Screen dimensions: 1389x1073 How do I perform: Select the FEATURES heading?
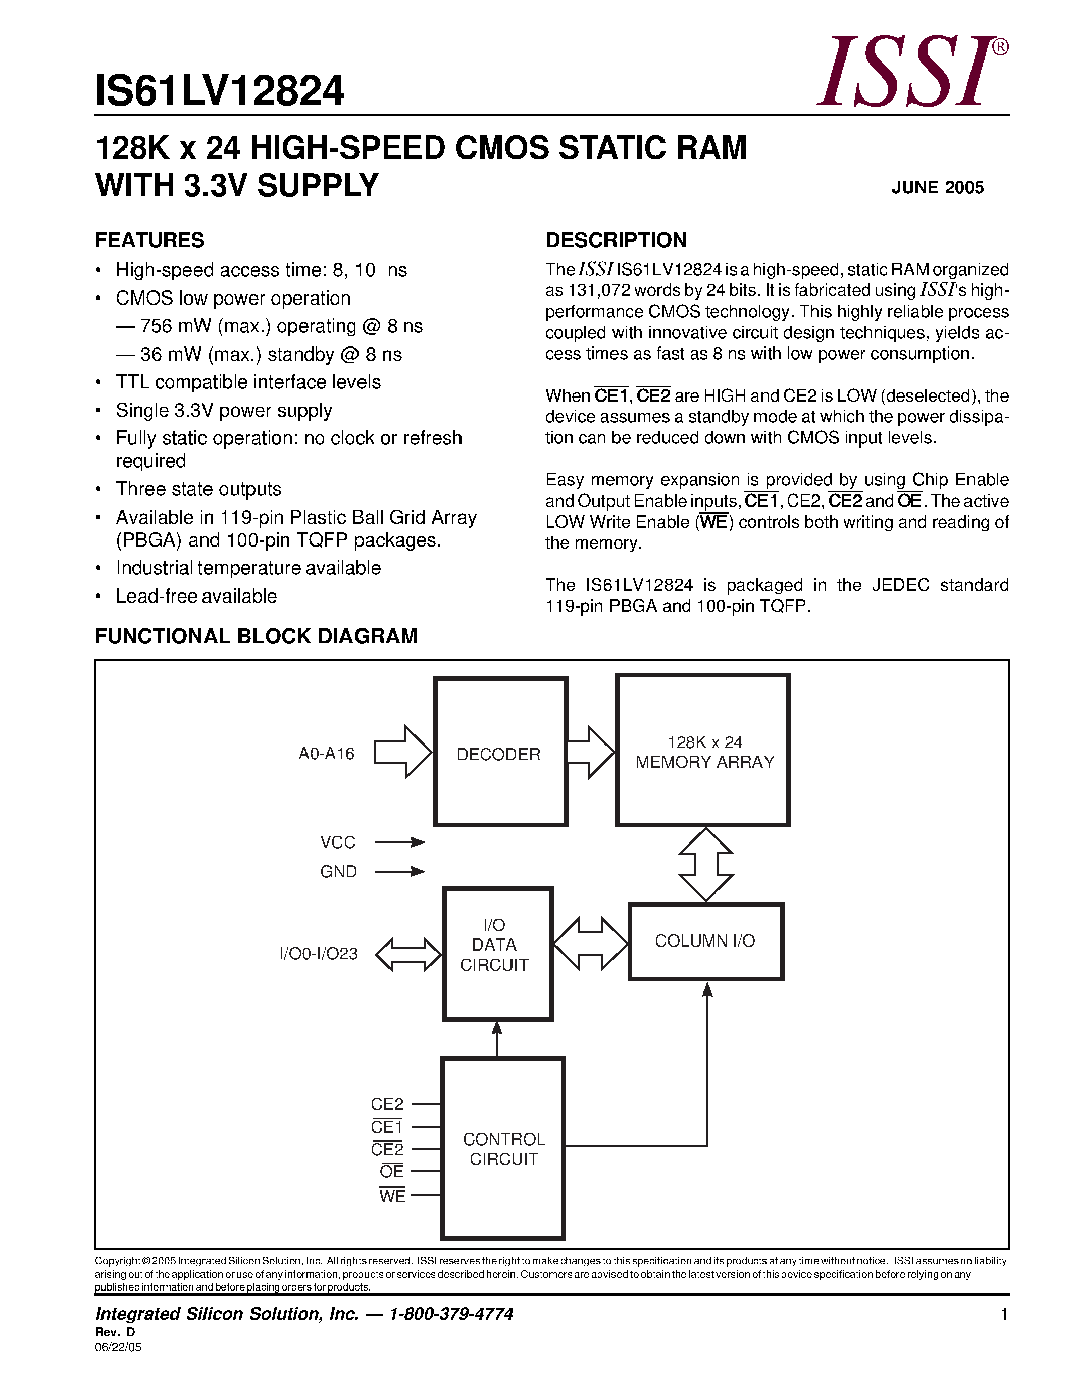(150, 240)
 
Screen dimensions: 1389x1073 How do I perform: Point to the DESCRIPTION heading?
(616, 240)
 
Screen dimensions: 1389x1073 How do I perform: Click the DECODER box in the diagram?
(500, 752)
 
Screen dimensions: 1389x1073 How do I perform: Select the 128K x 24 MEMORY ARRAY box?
(703, 751)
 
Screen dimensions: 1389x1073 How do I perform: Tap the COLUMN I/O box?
(705, 941)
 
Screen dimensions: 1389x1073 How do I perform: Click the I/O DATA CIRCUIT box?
(498, 954)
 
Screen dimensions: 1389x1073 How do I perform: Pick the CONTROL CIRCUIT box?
(503, 1148)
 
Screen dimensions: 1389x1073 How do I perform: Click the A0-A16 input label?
(327, 754)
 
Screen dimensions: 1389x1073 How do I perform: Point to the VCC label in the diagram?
(338, 842)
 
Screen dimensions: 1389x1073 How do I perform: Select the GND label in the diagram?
(338, 871)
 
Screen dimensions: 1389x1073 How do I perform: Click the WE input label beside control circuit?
(392, 1196)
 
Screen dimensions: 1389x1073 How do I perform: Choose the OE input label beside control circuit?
(391, 1171)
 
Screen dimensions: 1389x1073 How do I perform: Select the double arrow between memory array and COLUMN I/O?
(705, 864)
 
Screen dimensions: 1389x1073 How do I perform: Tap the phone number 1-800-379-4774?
(451, 1314)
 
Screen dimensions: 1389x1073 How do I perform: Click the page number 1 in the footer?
(1004, 1314)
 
